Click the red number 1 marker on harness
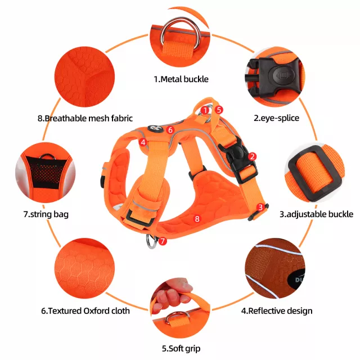click(x=205, y=110)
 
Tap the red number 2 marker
click(x=252, y=156)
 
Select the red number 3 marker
click(x=260, y=208)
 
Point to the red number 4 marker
click(x=143, y=142)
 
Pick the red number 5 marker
click(x=219, y=110)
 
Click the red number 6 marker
click(x=170, y=130)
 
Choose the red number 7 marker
click(x=163, y=241)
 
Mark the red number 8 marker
click(x=197, y=219)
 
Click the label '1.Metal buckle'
click(x=181, y=79)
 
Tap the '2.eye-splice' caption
click(x=276, y=118)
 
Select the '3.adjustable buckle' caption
click(x=316, y=214)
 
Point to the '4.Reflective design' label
click(x=277, y=311)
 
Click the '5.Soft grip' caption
click(x=181, y=349)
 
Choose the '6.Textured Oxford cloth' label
click(x=85, y=311)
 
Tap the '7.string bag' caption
click(x=46, y=214)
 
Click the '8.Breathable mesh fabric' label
click(x=85, y=118)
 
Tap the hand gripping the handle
click(x=172, y=294)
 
